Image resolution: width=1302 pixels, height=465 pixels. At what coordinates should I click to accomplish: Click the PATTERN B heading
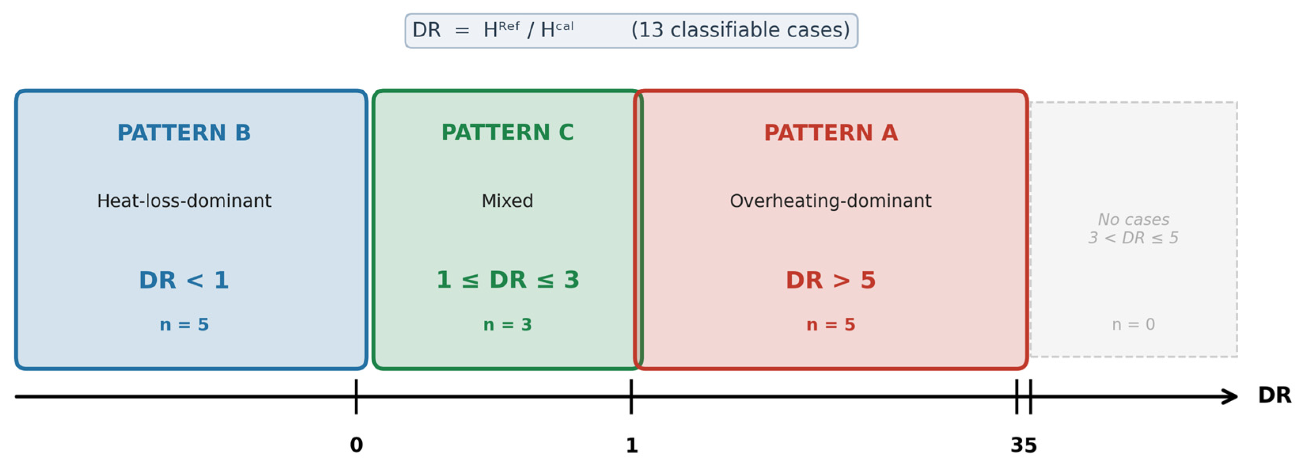pyautogui.click(x=184, y=133)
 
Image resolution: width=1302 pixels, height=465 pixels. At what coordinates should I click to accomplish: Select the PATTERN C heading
pyautogui.click(x=508, y=133)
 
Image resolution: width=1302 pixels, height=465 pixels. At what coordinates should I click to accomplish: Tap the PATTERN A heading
pyautogui.click(x=831, y=133)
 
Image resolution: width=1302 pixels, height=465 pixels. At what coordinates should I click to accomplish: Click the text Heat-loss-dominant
pyautogui.click(x=184, y=201)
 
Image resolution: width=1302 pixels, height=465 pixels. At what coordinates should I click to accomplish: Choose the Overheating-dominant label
pyautogui.click(x=830, y=201)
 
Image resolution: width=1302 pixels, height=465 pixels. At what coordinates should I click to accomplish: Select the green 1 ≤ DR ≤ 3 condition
pyautogui.click(x=508, y=280)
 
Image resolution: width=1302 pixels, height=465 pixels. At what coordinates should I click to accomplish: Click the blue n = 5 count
pyautogui.click(x=184, y=324)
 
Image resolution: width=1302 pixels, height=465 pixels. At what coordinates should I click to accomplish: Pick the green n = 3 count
pyautogui.click(x=508, y=324)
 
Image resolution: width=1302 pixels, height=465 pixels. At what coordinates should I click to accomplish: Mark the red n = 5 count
pyautogui.click(x=830, y=324)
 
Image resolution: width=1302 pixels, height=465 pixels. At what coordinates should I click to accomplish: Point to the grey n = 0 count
pyautogui.click(x=1133, y=324)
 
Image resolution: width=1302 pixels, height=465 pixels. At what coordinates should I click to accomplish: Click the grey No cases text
pyautogui.click(x=1133, y=219)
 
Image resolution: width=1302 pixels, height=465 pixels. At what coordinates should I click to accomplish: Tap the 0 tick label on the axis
pyautogui.click(x=356, y=445)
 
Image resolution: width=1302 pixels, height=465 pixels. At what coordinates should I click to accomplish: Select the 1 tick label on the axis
pyautogui.click(x=632, y=445)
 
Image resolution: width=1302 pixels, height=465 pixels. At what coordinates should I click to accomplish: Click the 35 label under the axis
pyautogui.click(x=1023, y=445)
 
